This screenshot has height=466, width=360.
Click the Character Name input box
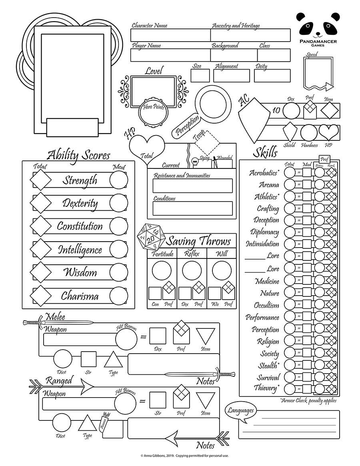coord(170,35)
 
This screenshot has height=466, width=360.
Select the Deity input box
coord(272,76)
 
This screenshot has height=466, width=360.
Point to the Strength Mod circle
coord(119,180)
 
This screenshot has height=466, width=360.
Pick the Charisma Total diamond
coord(41,296)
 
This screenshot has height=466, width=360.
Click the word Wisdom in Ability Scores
coord(80,273)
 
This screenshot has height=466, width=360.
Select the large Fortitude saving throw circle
coord(161,271)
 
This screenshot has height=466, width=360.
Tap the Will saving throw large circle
coord(222,271)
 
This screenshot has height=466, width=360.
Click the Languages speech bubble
coord(241,411)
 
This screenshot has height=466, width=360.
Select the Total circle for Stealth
coord(289,365)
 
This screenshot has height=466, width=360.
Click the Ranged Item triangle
coord(206,399)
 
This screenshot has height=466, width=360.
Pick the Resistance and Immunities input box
coord(193,186)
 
